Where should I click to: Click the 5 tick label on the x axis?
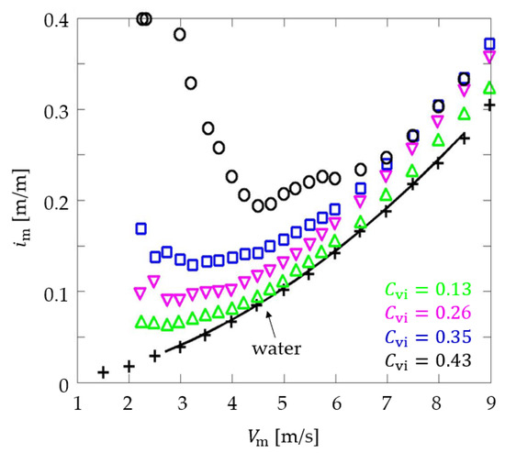click(284, 403)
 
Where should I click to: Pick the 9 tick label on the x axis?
click(490, 403)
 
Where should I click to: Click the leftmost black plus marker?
click(104, 372)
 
